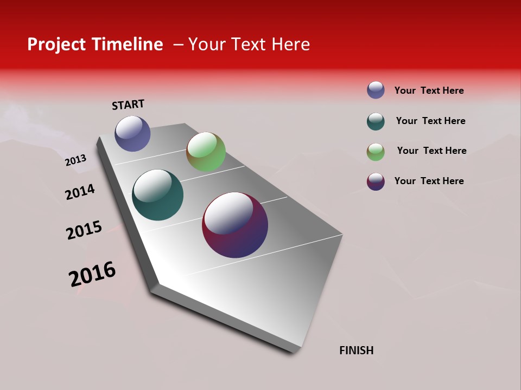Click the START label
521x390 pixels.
(128, 105)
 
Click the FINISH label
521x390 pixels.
(357, 350)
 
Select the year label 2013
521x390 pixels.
(75, 160)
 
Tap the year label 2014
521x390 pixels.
(80, 192)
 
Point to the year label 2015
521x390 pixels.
(84, 230)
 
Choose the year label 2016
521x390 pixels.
(92, 274)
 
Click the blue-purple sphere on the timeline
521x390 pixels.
(132, 133)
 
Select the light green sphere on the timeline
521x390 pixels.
(206, 152)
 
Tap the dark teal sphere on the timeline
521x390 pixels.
(157, 195)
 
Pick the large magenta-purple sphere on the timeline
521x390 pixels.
(235, 225)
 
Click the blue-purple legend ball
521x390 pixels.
(376, 90)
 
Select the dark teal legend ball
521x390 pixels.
(376, 121)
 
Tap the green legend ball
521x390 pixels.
(376, 152)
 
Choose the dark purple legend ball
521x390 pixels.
(376, 181)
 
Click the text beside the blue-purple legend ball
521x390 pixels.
(429, 90)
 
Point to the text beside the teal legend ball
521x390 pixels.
(430, 121)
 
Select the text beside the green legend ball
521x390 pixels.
(431, 151)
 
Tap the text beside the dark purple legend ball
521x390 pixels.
(429, 181)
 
